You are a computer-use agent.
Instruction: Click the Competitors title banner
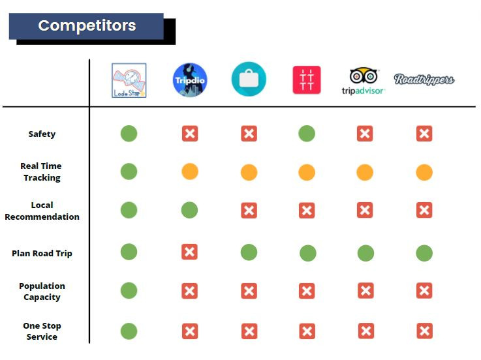[86, 26]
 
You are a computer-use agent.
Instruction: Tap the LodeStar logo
[129, 80]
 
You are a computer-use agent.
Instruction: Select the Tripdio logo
[190, 80]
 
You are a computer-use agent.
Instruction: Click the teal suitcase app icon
[249, 79]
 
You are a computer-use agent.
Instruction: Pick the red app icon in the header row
[307, 80]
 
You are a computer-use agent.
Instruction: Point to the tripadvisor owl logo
[364, 82]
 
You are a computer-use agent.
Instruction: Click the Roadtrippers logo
[424, 79]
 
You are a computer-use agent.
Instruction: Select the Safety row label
[42, 134]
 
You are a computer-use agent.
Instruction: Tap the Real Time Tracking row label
[41, 172]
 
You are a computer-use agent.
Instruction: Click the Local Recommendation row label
[42, 211]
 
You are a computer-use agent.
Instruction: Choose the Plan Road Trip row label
[42, 253]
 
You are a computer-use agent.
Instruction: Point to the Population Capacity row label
[42, 292]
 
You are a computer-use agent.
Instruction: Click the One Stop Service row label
[42, 331]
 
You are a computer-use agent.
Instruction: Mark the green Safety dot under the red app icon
[307, 134]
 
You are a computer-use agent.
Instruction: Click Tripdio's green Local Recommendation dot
[189, 210]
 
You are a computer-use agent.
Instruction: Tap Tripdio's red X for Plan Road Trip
[189, 252]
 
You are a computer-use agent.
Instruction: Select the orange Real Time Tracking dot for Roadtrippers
[424, 172]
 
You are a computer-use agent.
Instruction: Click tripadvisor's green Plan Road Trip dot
[365, 253]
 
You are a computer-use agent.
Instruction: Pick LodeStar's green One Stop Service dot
[129, 331]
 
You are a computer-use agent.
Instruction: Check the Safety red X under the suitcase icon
[249, 134]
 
